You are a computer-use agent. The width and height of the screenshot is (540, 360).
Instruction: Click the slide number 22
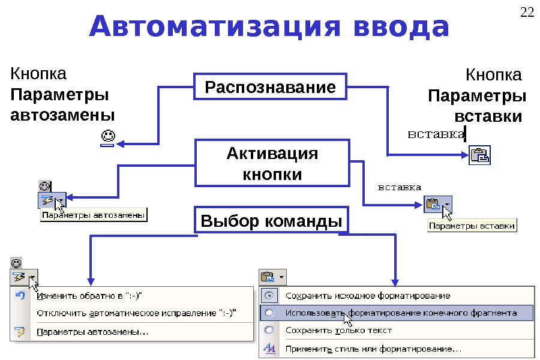[x=527, y=13]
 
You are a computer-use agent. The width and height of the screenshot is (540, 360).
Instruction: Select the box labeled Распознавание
[x=271, y=88]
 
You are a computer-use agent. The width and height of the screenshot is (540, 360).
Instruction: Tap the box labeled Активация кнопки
[x=272, y=163]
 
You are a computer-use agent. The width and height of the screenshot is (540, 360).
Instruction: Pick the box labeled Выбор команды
[x=271, y=221]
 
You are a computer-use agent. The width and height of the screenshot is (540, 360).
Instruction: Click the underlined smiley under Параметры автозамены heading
[x=107, y=137]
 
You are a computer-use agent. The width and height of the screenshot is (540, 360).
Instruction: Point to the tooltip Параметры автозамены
[x=94, y=215]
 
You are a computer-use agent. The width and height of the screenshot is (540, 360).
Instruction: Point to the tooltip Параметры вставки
[x=472, y=226]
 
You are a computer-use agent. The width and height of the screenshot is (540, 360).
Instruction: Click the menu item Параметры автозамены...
[x=92, y=331]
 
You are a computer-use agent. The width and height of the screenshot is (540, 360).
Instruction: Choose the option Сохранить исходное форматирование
[x=367, y=296]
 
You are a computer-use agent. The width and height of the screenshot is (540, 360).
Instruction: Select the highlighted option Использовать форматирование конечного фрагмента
[x=401, y=313]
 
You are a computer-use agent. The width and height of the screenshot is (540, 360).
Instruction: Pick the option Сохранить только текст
[x=338, y=330]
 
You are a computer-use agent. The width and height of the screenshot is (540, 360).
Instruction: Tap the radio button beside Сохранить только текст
[x=269, y=330]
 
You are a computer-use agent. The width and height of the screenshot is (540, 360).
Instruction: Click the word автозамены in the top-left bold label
[x=63, y=114]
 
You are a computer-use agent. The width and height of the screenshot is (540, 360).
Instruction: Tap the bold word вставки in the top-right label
[x=488, y=116]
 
